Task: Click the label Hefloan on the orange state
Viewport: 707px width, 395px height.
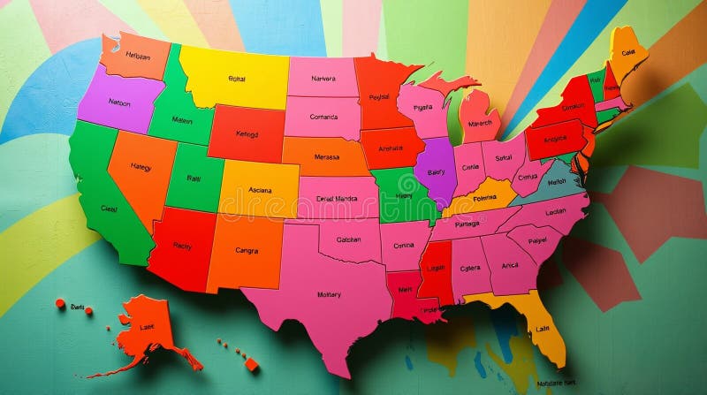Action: pos(138,55)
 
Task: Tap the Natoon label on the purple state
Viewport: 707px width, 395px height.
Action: pos(119,102)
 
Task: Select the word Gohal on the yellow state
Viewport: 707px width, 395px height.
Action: pos(237,79)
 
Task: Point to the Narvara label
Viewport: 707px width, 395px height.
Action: pos(323,78)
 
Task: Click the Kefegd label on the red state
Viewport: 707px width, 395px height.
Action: pos(247,134)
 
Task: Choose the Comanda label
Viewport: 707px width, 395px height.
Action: pos(323,117)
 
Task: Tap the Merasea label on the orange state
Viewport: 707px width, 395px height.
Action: pos(326,156)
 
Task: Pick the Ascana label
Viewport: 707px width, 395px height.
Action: pos(260,190)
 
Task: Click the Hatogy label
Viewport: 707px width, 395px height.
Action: pos(141,166)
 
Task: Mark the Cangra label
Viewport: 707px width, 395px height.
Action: pos(247,250)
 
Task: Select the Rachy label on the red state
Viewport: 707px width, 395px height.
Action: pos(183,246)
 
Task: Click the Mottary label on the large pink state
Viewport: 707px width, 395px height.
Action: pos(329,294)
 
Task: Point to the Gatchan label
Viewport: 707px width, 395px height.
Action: pos(348,239)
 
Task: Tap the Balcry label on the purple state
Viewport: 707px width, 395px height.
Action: pos(436,172)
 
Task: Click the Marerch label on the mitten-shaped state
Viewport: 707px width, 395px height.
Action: pos(480,123)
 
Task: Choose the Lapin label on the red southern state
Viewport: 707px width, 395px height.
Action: pos(437,268)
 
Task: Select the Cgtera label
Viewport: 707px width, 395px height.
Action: pos(470,268)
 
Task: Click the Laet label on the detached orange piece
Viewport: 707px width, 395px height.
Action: pos(147,327)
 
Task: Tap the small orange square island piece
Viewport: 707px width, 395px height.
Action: pos(252,363)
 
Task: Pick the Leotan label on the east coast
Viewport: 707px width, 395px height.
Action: pos(556,212)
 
